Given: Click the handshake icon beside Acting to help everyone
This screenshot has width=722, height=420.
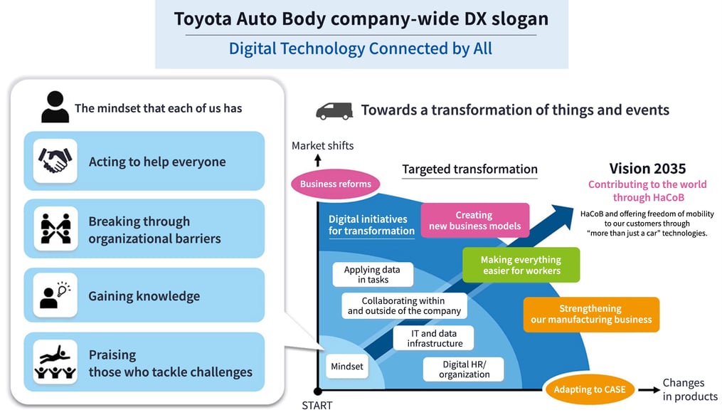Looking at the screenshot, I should click(55, 161).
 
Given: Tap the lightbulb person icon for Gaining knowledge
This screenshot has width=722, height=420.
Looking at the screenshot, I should click(55, 295).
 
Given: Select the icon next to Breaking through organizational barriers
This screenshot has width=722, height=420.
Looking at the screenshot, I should click(55, 229).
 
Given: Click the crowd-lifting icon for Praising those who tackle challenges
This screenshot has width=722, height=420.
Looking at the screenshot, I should click(55, 362).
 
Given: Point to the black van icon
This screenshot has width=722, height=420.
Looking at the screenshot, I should click(334, 110).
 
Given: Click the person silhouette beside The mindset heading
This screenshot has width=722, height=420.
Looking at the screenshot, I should click(55, 107).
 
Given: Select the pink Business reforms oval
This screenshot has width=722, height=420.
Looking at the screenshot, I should click(336, 184).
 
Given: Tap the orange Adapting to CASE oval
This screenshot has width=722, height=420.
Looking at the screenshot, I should click(590, 389).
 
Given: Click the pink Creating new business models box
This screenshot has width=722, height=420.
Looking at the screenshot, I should click(474, 221).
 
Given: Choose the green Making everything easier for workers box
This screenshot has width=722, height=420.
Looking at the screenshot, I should click(521, 265).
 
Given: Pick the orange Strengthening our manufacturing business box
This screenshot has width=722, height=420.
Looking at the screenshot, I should click(590, 314).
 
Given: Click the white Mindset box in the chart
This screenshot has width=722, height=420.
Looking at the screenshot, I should click(346, 367).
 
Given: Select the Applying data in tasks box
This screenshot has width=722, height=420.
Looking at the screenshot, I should click(372, 275).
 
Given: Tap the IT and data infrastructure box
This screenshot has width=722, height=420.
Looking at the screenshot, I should click(435, 338).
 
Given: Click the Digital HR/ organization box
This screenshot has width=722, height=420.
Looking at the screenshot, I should click(464, 369).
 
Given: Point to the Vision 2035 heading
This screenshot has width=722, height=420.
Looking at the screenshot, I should click(647, 169).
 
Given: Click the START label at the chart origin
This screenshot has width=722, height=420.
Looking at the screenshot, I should click(317, 406).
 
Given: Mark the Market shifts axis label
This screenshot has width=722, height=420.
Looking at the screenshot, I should click(322, 146).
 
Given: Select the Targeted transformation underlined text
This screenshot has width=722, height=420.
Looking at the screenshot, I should click(469, 169).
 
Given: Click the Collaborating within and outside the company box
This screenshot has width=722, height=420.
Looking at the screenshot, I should click(404, 306).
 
